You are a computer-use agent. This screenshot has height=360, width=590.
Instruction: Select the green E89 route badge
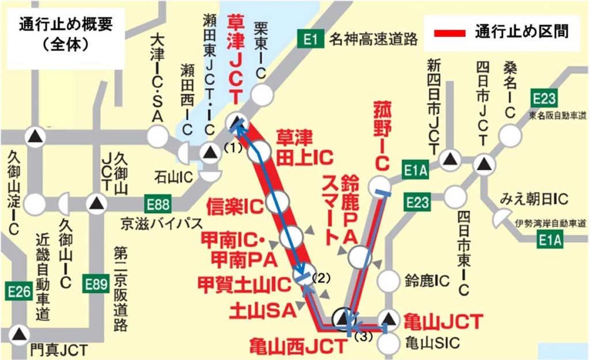point(96,283)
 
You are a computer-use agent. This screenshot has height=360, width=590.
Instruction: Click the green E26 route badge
point(18,291)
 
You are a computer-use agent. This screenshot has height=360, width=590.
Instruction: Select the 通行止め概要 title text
point(65,25)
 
